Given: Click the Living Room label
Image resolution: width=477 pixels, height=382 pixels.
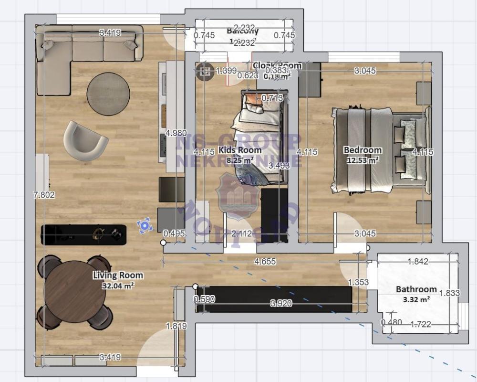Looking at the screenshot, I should coord(118,276).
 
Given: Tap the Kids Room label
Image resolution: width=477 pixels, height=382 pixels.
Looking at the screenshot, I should coord(240,150).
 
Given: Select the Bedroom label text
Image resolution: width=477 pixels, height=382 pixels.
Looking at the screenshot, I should coord(363,150).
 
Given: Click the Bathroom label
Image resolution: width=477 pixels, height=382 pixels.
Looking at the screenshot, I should coord(416,289).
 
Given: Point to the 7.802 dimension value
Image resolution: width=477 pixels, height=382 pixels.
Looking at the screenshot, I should coord(44,195).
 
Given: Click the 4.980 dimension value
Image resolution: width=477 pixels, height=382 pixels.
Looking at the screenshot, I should coord(176,133).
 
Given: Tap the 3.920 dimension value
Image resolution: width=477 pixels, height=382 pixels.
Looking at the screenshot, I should coord(281,303).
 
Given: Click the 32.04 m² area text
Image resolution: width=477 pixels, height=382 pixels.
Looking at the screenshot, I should coord(118,286).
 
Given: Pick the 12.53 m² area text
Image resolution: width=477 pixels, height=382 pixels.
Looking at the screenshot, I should coord(363,160).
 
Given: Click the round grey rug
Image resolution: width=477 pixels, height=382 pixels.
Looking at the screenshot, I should coord(108,94).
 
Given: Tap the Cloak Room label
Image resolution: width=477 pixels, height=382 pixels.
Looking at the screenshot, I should coord(277,66).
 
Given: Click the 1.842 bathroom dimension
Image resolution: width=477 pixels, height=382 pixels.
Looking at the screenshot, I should coord(418,262).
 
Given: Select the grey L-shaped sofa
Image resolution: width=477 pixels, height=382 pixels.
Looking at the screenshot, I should coord(81,53).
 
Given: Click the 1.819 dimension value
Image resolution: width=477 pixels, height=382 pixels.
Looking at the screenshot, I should coord(176,326).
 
